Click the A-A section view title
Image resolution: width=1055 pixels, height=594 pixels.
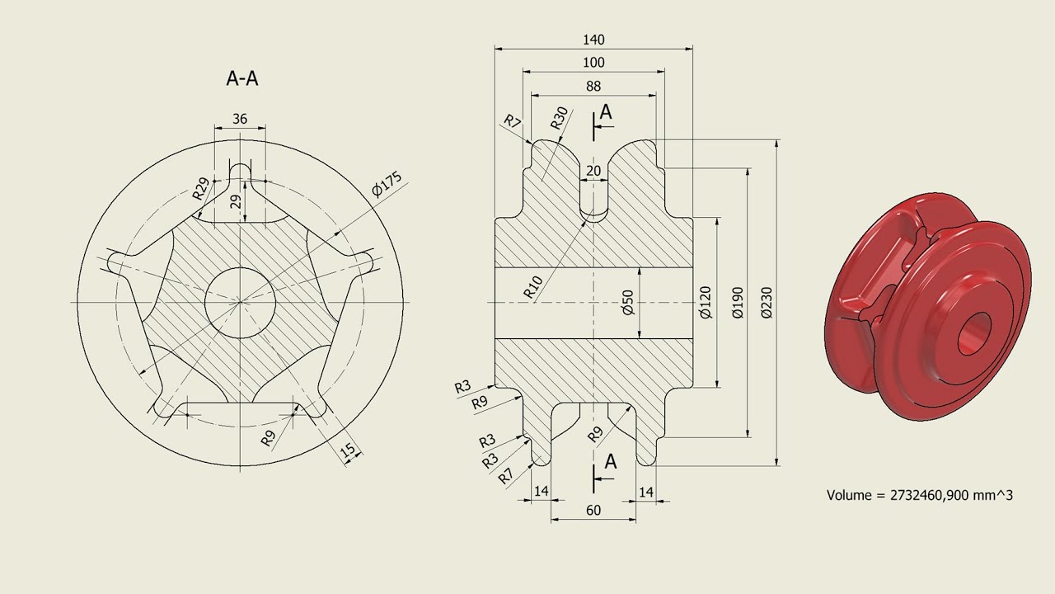click(242, 78)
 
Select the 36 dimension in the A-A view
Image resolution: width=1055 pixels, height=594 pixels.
click(240, 119)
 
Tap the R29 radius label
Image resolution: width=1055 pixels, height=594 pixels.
click(201, 188)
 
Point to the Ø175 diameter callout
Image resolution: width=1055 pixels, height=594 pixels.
click(387, 185)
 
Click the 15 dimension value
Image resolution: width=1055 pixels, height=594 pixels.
click(349, 450)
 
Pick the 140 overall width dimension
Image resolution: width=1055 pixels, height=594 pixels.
click(593, 40)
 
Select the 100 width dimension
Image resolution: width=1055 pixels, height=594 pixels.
click(593, 63)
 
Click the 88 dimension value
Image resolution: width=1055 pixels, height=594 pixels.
click(593, 86)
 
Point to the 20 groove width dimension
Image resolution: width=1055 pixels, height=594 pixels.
click(593, 171)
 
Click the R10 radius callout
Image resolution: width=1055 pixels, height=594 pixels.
click(533, 286)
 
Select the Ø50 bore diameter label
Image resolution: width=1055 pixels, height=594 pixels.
click(627, 303)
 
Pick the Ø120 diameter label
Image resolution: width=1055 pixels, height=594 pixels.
click(706, 303)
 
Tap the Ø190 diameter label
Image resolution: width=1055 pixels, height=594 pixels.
click(737, 303)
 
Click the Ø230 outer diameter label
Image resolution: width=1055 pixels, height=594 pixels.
click(767, 303)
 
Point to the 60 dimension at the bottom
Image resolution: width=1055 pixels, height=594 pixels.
click(593, 510)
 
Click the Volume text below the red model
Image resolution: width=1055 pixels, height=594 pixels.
click(919, 495)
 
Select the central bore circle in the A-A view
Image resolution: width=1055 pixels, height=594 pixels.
click(239, 302)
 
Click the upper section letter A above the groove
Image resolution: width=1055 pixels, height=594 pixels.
click(607, 112)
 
